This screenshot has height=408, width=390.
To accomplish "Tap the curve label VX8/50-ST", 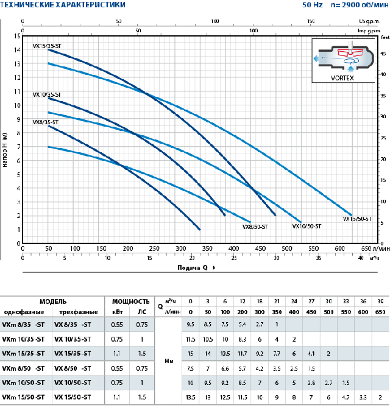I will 255,227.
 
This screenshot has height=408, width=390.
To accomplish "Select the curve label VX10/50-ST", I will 307,226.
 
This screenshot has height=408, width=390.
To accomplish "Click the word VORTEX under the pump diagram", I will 342,78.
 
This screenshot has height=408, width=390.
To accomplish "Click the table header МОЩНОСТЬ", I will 130,301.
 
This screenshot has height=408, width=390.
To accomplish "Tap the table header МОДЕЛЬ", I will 54,301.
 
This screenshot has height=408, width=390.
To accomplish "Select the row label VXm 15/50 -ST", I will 23,398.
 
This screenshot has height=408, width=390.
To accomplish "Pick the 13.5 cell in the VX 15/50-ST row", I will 191,398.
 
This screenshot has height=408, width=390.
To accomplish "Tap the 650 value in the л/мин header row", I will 380,311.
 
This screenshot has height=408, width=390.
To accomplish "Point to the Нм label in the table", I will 170,361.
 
